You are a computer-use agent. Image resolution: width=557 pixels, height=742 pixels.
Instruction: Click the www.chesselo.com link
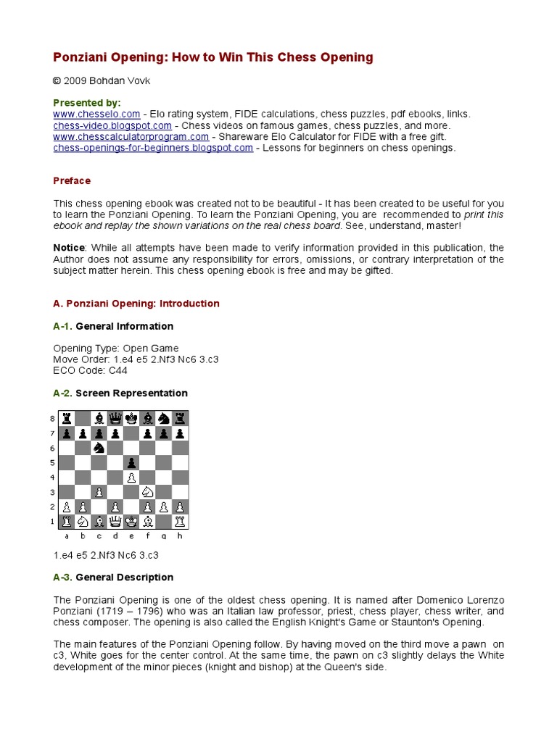pyautogui.click(x=96, y=114)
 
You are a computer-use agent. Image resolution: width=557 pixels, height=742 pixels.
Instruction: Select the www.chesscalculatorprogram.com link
pyautogui.click(x=131, y=136)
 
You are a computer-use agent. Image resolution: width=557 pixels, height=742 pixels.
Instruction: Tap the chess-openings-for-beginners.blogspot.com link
pyautogui.click(x=153, y=148)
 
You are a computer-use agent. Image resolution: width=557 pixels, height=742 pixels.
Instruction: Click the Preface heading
pyautogui.click(x=72, y=181)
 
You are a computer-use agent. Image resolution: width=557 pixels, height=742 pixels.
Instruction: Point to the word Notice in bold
pyautogui.click(x=69, y=248)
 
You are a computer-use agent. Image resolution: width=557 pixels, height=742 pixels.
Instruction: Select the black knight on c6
pyautogui.click(x=99, y=448)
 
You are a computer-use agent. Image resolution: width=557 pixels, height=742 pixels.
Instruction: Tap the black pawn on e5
pyautogui.click(x=131, y=463)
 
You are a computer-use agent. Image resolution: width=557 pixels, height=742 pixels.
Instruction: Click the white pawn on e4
pyautogui.click(x=131, y=478)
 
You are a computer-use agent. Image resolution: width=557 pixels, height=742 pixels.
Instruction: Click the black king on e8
pyautogui.click(x=131, y=417)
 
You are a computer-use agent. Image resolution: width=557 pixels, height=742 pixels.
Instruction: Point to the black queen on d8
pyautogui.click(x=115, y=417)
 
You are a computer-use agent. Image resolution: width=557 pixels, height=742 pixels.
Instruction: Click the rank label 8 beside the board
pyautogui.click(x=51, y=418)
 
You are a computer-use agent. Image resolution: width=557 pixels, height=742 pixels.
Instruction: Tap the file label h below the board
pyautogui.click(x=180, y=536)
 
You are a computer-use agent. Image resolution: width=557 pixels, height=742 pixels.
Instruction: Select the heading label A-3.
pyautogui.click(x=62, y=578)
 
